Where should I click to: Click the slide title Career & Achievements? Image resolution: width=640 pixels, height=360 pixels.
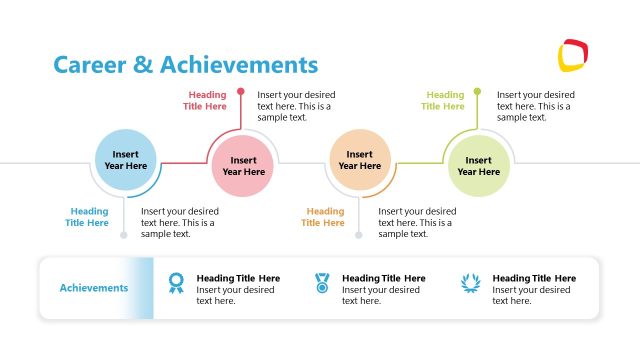coord(185,65)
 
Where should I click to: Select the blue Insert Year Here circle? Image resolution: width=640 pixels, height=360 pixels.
coord(126,160)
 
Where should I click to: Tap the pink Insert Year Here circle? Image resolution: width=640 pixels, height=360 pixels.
coord(243,165)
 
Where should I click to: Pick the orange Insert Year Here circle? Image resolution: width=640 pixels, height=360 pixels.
coord(360,160)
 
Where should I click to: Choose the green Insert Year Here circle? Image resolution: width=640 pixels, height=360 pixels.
coord(478,165)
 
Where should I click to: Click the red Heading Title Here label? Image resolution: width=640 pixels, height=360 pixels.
coord(207,101)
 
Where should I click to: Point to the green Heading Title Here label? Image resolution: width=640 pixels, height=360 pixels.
coord(443,101)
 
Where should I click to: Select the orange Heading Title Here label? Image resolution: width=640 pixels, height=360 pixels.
coord(323,217)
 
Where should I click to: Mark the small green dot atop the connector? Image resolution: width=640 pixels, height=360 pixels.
coord(477,92)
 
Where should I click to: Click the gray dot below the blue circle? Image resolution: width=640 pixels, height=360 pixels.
coord(124,235)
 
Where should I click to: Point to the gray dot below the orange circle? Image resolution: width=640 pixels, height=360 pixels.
coord(359,235)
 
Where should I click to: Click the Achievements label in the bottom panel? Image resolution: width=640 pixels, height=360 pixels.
coord(94,288)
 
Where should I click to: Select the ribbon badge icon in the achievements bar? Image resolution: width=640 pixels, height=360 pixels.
coord(176,283)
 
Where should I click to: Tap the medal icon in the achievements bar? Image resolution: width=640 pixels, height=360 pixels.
coord(322,283)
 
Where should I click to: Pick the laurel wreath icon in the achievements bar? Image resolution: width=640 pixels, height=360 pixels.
coord(469,283)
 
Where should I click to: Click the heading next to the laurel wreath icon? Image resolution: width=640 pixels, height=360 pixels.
coord(534,278)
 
